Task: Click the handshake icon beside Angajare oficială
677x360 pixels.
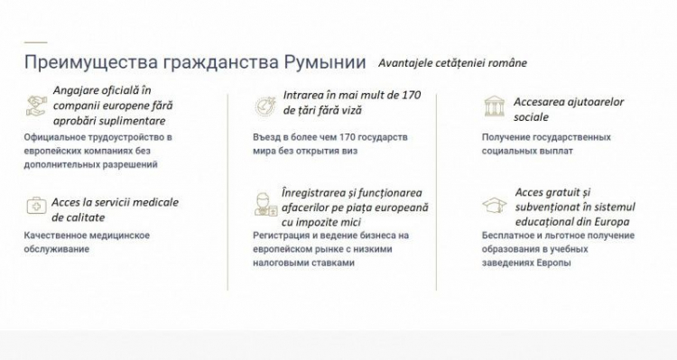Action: (36, 106)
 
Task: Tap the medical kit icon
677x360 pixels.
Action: (36, 206)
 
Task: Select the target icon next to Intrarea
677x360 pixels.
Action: (265, 106)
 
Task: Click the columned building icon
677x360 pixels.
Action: (495, 106)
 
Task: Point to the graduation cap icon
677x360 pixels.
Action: (495, 205)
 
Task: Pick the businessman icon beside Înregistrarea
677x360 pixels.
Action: (265, 204)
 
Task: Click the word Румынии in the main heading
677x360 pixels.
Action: (325, 62)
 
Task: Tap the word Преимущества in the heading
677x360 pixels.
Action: (91, 62)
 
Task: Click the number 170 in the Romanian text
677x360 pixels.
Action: (411, 95)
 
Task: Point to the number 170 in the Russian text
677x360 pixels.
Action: (348, 137)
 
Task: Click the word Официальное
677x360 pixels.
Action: (55, 138)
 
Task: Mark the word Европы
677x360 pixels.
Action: (554, 263)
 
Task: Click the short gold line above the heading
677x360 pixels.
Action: (35, 42)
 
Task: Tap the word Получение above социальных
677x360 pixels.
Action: (504, 138)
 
